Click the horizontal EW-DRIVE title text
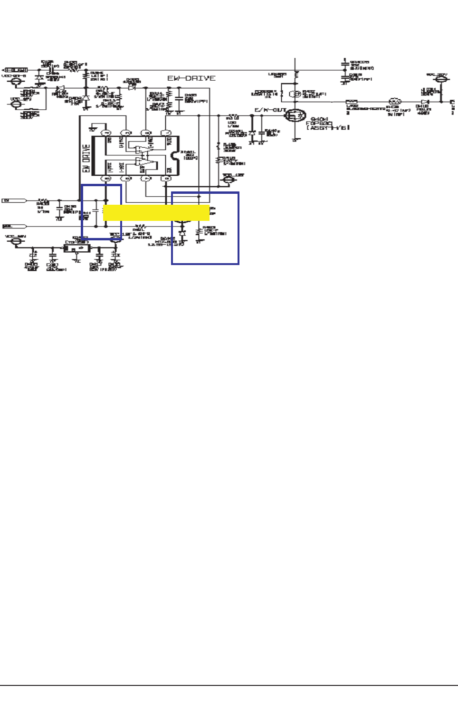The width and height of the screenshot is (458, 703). [x=191, y=78]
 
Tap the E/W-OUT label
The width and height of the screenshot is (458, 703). [x=270, y=110]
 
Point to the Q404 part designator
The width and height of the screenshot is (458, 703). [x=316, y=119]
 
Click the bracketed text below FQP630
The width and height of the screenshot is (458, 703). [x=328, y=128]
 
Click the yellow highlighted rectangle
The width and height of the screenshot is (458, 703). [x=156, y=213]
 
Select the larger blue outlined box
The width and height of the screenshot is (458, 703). [x=205, y=228]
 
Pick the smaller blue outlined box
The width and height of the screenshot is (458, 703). [x=101, y=212]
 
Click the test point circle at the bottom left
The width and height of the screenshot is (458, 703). [x=17, y=241]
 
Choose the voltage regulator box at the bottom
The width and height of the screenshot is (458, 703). [x=77, y=248]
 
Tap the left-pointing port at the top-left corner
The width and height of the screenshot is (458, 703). [x=14, y=70]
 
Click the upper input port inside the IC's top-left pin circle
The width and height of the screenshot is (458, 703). [x=106, y=133]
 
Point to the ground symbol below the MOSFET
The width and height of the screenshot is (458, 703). [x=295, y=140]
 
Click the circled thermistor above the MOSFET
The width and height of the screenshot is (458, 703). [x=295, y=94]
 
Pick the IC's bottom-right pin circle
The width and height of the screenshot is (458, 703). [x=166, y=179]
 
